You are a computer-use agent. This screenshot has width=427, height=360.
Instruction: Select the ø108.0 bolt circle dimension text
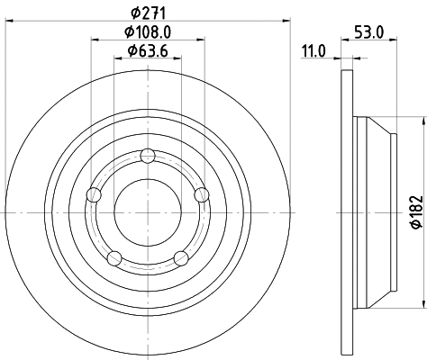148,32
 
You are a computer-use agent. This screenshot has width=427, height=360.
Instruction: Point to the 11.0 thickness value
313,51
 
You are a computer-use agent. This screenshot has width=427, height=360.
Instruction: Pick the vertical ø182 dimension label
415,211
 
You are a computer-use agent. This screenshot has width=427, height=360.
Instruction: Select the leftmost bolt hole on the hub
92,194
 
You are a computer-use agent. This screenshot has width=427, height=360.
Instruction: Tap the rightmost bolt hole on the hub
201,194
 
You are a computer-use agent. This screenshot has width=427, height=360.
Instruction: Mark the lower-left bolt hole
114,259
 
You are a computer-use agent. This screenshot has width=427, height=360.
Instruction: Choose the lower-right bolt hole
180,259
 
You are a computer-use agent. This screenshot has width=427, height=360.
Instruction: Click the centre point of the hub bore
147,211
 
